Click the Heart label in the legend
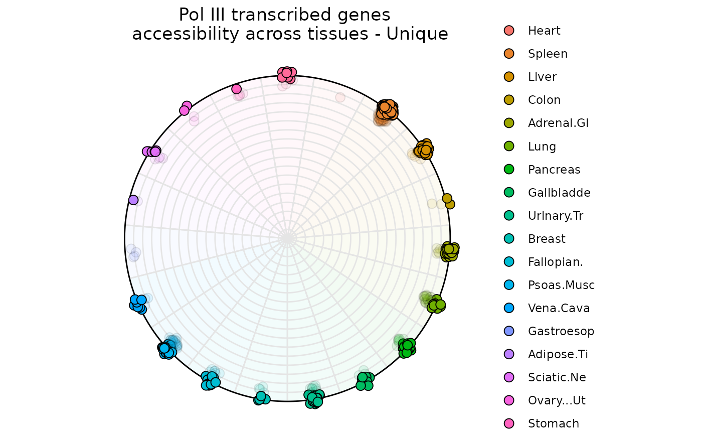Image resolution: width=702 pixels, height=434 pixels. [x=544, y=31]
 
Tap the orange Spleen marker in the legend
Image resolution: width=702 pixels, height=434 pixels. [x=509, y=54]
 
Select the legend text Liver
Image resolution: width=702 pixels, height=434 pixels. [x=542, y=77]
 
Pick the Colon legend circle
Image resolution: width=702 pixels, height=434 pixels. [x=509, y=100]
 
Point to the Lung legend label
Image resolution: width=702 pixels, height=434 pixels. [x=542, y=147]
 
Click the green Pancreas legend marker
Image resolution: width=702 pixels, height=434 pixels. [x=509, y=170]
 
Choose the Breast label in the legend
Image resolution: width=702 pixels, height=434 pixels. [x=547, y=239]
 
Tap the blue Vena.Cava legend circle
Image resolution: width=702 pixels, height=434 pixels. [x=509, y=308]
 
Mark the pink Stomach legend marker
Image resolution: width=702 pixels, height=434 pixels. [x=509, y=423]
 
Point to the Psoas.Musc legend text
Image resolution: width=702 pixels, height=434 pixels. [x=561, y=285]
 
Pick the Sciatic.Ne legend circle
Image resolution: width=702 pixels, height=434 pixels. [x=509, y=377]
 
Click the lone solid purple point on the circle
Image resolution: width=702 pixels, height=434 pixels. [x=133, y=200]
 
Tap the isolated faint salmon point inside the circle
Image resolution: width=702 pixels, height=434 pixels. [x=340, y=97]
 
